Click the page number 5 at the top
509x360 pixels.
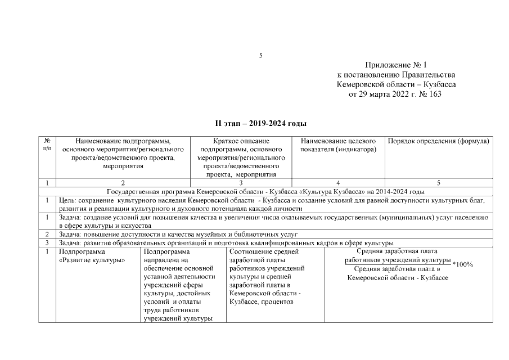tap(261, 56)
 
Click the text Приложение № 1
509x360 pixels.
tap(396, 66)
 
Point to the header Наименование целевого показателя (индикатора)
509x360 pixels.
tap(339, 145)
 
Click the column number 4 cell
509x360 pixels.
tap(338, 183)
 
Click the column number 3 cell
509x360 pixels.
tap(241, 183)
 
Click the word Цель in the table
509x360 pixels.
tap(67, 200)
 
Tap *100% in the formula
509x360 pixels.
tap(462, 265)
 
